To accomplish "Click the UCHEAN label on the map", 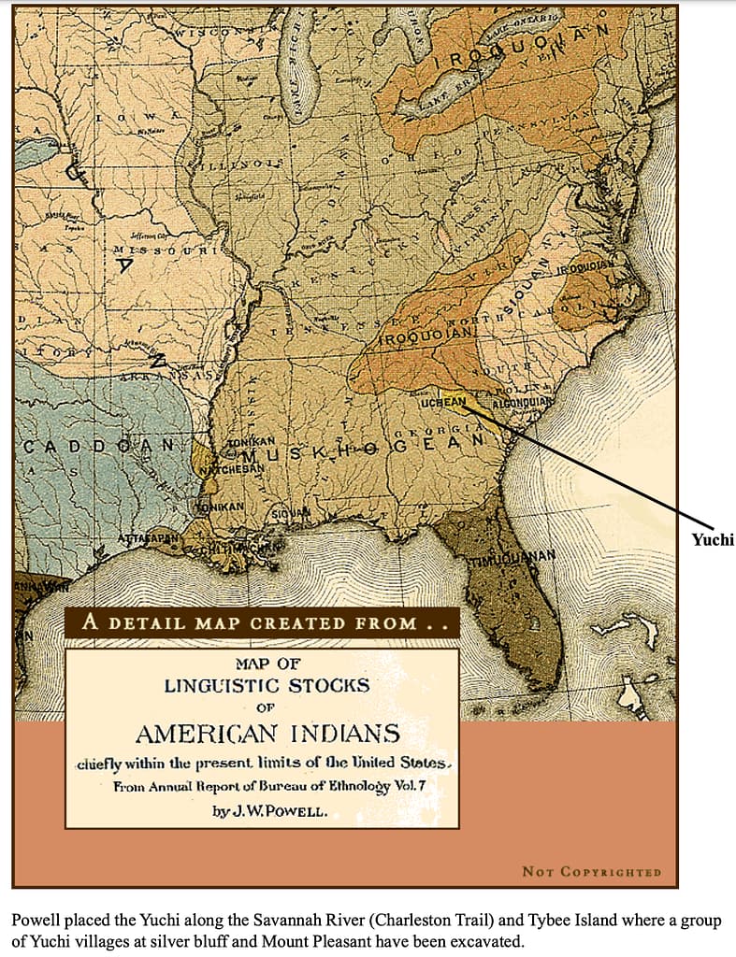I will pyautogui.click(x=443, y=401).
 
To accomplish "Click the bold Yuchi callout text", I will pyautogui.click(x=713, y=539).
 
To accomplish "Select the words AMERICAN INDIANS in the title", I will pyautogui.click(x=267, y=733).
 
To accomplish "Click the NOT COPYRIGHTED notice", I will pyautogui.click(x=591, y=872).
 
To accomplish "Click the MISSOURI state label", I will pyautogui.click(x=164, y=251).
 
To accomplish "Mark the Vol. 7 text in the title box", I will pyautogui.click(x=411, y=786).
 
